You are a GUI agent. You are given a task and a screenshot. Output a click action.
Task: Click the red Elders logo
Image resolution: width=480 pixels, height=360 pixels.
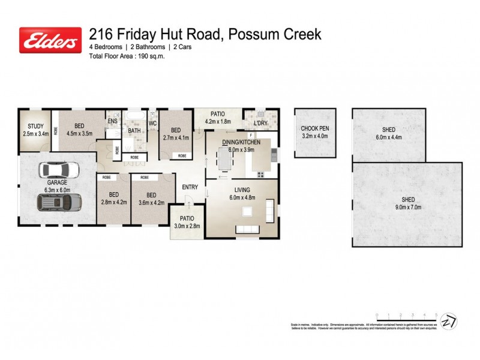(x=50, y=40)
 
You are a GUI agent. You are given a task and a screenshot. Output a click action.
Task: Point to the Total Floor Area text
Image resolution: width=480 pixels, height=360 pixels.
(x=127, y=56)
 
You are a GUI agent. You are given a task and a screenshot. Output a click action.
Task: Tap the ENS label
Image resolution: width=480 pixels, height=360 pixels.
(x=112, y=121)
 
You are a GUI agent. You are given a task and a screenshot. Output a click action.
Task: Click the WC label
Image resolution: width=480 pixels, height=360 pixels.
(x=152, y=124)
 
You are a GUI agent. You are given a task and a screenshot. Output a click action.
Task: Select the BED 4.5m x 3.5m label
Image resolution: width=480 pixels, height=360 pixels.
(x=79, y=130)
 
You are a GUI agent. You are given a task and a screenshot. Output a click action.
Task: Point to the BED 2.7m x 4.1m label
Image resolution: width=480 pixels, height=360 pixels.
(x=176, y=133)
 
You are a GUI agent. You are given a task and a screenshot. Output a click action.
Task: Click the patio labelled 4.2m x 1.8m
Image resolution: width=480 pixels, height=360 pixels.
(x=217, y=117)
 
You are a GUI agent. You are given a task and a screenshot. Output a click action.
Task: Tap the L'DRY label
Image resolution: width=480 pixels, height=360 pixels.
(x=260, y=124)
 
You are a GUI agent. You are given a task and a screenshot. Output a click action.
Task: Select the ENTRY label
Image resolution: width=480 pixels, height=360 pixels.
(x=190, y=187)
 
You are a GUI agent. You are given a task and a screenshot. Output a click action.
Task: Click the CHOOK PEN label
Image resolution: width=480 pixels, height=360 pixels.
(x=315, y=132)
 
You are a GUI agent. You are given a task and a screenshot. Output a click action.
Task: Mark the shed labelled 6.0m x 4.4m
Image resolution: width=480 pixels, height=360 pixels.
(x=388, y=133)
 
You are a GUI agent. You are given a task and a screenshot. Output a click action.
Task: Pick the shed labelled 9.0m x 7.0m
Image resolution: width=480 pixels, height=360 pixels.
(x=407, y=203)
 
